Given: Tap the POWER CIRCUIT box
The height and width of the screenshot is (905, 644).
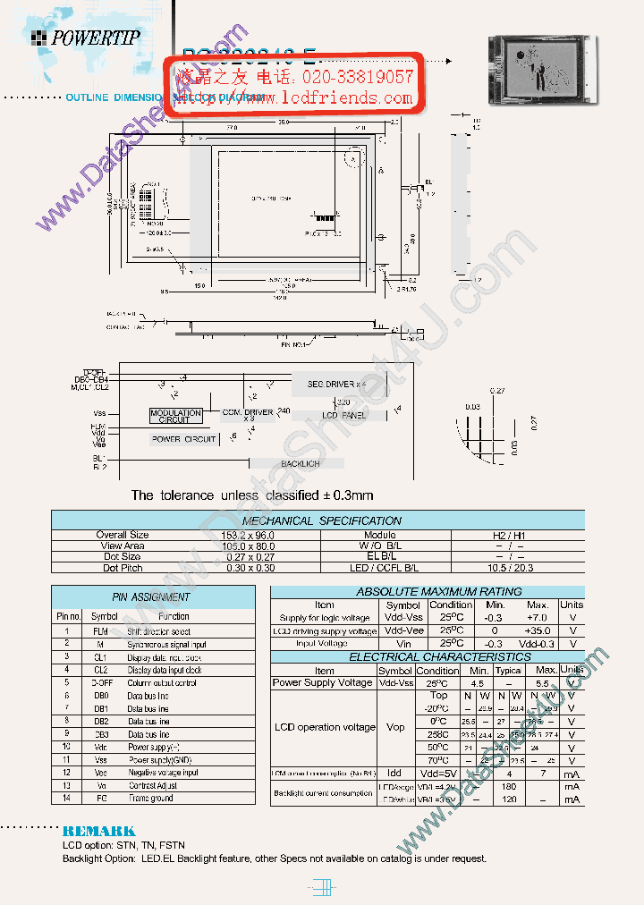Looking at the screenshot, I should [x=183, y=439].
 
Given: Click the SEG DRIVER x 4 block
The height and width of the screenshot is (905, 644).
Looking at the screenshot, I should [x=336, y=384].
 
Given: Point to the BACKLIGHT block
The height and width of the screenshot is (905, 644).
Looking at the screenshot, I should [x=300, y=464].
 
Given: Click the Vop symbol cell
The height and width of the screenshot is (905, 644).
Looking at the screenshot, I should [x=394, y=728].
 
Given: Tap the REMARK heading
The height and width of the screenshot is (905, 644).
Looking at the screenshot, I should [x=98, y=831].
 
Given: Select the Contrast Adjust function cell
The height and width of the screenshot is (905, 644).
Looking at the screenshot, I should [x=153, y=785].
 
